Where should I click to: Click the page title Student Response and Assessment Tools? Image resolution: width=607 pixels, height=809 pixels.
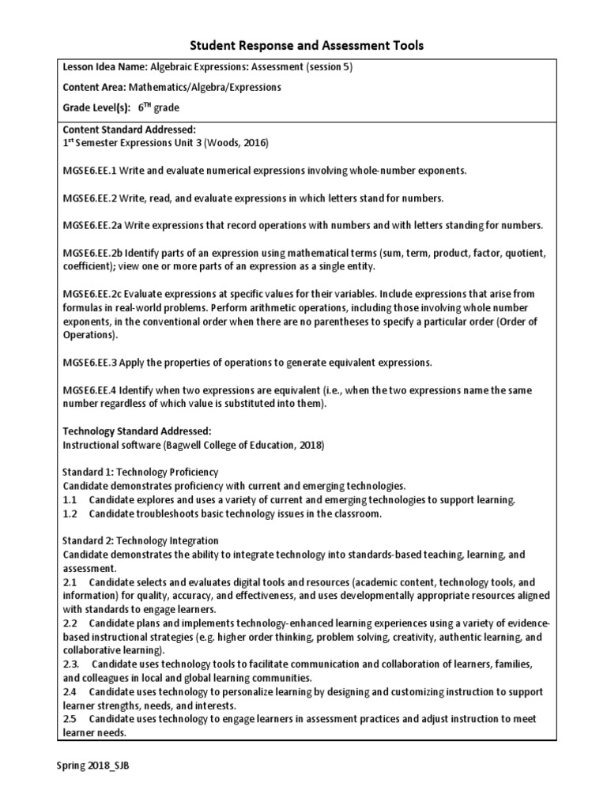click(x=303, y=47)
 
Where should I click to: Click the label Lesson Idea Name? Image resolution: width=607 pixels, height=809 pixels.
click(x=104, y=67)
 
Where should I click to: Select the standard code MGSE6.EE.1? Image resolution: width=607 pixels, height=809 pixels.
click(x=91, y=171)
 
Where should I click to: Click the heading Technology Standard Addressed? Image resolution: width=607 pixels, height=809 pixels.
click(x=137, y=431)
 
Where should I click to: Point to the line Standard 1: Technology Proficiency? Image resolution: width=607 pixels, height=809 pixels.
click(x=140, y=472)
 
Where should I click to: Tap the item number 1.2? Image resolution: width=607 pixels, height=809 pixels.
click(x=69, y=514)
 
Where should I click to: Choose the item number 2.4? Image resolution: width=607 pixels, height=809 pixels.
click(x=69, y=691)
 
